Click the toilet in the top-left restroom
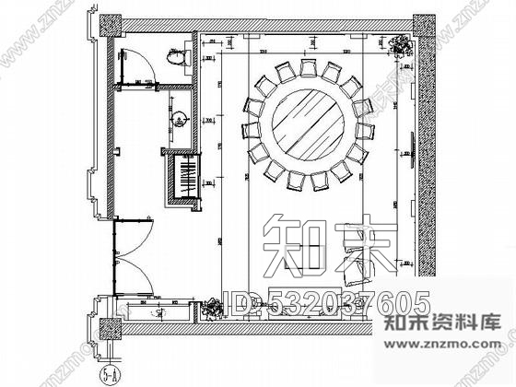179,58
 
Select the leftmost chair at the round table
249,129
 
